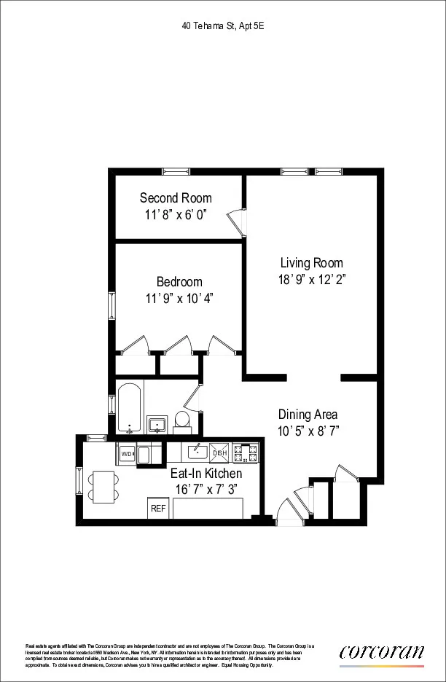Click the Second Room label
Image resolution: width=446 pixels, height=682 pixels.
176,198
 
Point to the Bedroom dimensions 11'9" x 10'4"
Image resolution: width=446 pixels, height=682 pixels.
179,298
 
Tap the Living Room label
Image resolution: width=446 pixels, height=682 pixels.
312,263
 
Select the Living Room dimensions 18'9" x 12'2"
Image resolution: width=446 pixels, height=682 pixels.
312,279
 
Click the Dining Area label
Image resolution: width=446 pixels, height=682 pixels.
307,415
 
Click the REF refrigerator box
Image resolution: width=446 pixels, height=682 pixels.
157,508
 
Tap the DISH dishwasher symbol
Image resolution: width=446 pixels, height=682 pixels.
219,453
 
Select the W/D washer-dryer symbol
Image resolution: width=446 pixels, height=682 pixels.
126,453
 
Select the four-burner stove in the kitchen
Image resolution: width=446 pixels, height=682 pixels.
248,452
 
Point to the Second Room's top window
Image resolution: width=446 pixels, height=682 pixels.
176,172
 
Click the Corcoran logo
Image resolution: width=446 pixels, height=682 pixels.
381,653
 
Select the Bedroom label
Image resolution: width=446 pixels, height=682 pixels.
179,282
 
